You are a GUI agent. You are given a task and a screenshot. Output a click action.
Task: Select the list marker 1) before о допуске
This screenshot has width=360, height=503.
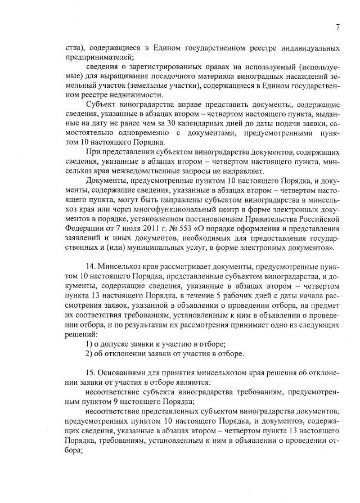tap(89, 344)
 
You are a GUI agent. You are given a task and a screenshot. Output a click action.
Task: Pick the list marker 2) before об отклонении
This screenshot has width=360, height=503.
tap(89, 353)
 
